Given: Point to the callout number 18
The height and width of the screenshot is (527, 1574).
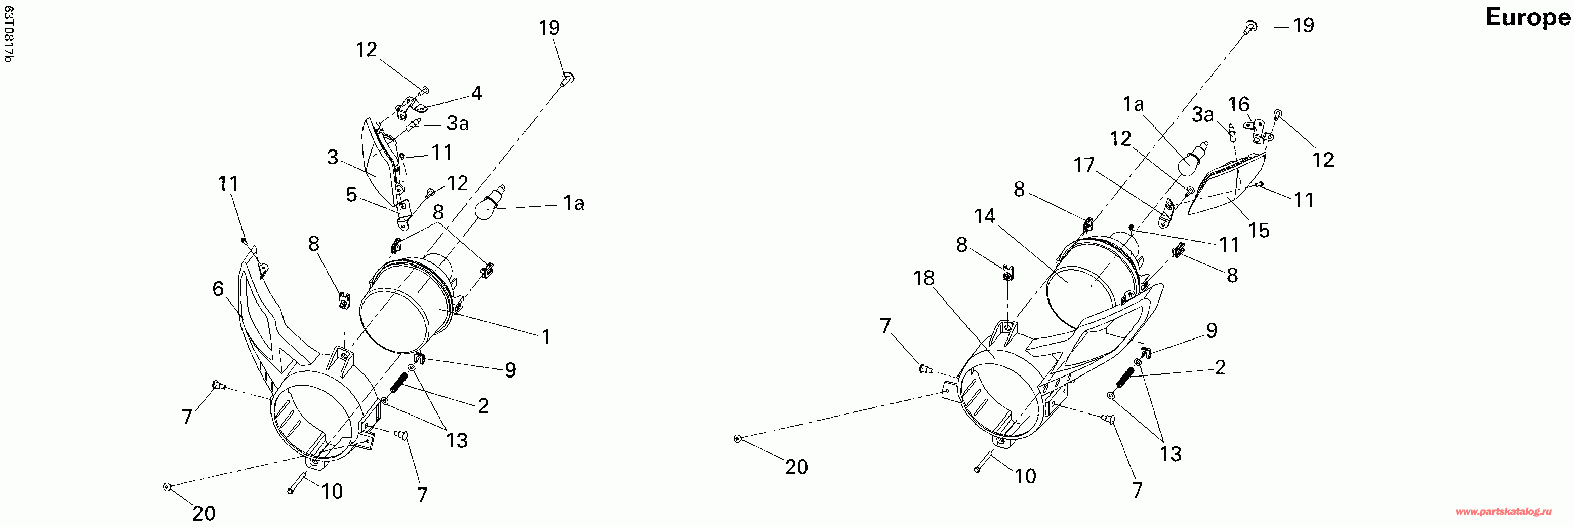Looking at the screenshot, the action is [924, 278].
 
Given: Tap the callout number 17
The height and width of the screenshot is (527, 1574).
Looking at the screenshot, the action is [1084, 165].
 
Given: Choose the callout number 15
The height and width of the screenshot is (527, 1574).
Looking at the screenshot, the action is [1259, 231].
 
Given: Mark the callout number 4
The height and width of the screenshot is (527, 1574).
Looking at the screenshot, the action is [476, 93].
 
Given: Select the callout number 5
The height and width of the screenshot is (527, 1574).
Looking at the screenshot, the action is [351, 195].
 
